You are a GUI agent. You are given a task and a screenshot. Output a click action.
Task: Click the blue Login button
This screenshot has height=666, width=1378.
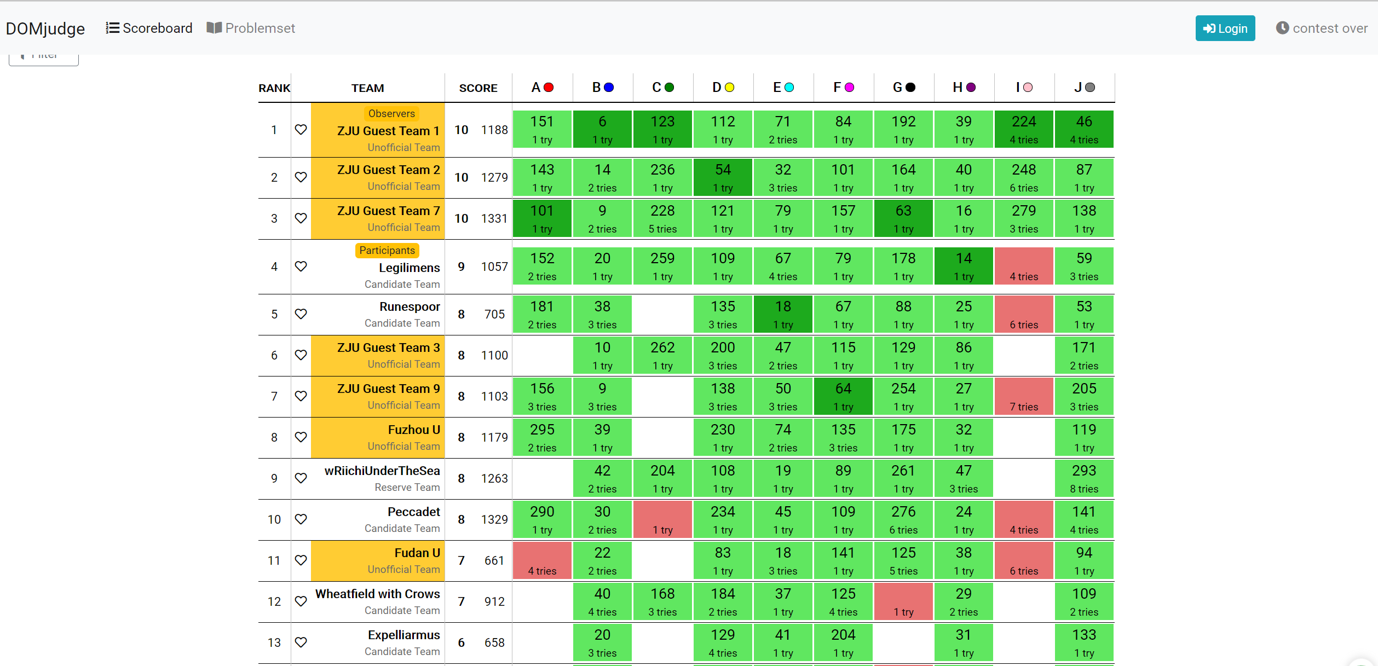1225,28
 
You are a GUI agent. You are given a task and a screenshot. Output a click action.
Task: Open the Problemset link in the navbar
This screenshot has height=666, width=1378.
251,28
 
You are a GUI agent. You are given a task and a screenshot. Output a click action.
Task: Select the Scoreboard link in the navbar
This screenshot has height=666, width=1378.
149,28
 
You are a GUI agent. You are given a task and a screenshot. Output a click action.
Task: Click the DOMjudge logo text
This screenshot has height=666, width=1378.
45,28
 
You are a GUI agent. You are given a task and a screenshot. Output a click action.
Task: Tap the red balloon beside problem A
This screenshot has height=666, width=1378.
549,88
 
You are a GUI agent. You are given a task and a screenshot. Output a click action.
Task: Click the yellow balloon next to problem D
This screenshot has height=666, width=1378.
729,88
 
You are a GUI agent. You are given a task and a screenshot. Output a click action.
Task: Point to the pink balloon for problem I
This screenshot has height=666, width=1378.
1028,88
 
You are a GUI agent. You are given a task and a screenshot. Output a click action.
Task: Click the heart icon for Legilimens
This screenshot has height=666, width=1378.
301,267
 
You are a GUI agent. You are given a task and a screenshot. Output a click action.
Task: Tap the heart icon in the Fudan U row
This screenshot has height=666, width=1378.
301,560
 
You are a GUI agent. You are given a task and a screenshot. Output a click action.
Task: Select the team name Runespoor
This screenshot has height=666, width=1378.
410,306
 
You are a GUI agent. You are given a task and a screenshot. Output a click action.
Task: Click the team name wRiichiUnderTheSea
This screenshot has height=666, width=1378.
382,471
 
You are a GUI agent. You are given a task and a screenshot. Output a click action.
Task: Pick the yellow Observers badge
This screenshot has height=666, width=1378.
391,114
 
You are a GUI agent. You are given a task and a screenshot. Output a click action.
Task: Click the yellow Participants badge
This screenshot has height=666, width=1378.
387,251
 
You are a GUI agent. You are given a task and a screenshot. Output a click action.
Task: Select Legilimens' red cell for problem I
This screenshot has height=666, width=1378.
1024,267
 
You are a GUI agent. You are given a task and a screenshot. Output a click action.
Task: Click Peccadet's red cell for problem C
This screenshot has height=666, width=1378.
662,519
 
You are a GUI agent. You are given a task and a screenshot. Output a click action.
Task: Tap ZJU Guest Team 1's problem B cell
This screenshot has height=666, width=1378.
602,130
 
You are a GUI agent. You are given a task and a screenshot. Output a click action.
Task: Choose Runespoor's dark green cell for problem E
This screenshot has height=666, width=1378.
783,314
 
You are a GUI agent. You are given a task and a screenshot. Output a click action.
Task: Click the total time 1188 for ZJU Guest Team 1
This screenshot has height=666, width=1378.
494,130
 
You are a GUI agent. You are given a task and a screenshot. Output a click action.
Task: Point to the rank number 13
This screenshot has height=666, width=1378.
274,642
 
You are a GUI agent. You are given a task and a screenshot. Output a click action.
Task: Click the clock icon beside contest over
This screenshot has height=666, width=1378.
1282,28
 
